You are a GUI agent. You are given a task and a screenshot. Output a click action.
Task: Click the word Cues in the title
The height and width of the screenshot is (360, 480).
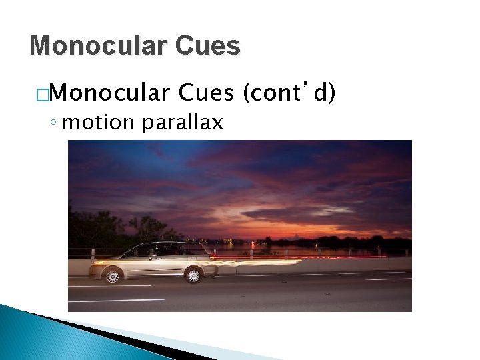[x=209, y=45]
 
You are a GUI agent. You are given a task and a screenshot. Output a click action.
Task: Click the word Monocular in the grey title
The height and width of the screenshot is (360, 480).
[x=99, y=45]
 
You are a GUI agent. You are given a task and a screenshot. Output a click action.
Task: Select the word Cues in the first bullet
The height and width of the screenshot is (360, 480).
[x=206, y=95]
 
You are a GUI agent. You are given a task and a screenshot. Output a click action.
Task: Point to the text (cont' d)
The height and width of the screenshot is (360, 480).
[x=289, y=95]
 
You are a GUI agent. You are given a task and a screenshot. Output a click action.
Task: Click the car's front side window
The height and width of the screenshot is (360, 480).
[x=143, y=251]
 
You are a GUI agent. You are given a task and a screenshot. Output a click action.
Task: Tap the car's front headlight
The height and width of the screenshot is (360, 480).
[x=98, y=263]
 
